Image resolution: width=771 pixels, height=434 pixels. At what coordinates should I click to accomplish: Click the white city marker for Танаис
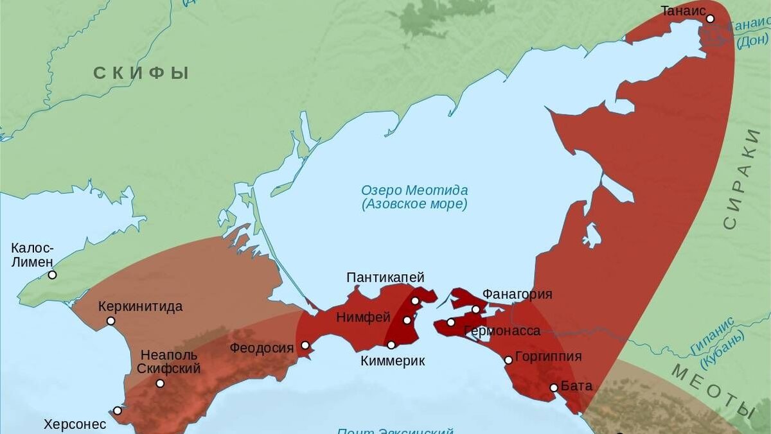(x=710, y=19)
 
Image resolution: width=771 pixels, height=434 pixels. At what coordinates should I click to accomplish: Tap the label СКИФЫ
(x=141, y=73)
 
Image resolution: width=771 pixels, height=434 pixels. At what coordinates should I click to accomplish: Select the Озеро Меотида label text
(x=414, y=191)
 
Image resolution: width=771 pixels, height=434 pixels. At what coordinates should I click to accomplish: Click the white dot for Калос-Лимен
(x=52, y=275)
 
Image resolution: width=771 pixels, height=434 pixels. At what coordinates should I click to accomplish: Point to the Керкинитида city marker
(x=111, y=321)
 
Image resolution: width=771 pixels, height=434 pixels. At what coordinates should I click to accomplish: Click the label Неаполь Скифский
(x=169, y=361)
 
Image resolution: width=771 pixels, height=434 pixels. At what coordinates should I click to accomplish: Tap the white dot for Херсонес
(x=118, y=410)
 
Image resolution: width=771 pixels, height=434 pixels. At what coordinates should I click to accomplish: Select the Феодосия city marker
(x=305, y=345)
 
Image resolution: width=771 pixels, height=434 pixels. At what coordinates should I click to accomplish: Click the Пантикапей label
(x=385, y=277)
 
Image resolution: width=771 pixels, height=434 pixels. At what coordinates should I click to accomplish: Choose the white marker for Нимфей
(x=407, y=320)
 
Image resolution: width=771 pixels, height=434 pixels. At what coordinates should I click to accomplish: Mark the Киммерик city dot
(x=391, y=345)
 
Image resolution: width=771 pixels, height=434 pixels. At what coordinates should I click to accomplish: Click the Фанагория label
(x=517, y=295)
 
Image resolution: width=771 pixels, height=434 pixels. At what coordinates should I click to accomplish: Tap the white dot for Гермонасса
(x=451, y=322)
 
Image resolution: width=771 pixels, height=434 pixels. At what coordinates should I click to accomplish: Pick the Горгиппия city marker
(x=508, y=360)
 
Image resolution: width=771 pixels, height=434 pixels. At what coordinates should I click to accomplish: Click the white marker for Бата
(x=554, y=387)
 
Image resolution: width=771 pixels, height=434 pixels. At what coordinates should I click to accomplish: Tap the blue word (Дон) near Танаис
(x=752, y=42)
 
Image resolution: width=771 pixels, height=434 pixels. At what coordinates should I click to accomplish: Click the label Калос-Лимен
(x=33, y=255)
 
